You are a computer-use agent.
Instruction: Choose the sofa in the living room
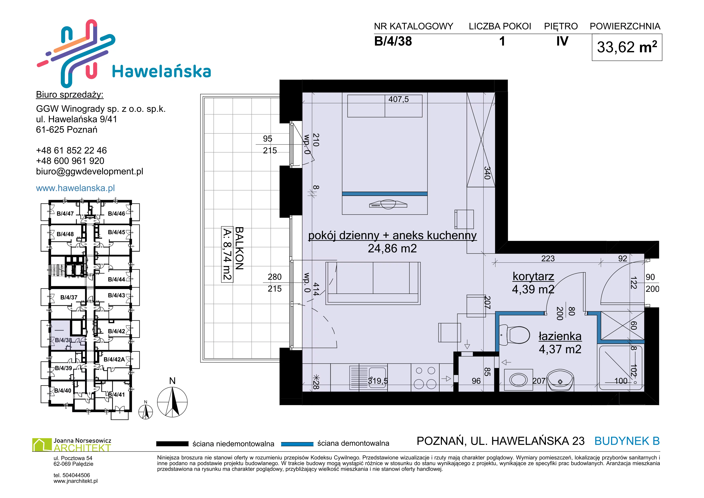(x=373, y=283)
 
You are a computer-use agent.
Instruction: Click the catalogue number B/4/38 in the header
(x=393, y=41)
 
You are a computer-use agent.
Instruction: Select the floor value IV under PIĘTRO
(x=562, y=41)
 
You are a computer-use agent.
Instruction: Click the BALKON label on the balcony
(x=239, y=248)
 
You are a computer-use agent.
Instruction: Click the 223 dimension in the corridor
(x=548, y=258)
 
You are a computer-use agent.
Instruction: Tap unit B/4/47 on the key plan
(x=65, y=214)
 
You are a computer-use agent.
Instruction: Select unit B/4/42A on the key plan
(x=114, y=359)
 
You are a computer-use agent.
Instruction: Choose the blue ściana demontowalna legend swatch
(x=297, y=444)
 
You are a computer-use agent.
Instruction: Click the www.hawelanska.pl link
(x=75, y=188)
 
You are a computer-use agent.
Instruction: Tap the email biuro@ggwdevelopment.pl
(x=90, y=171)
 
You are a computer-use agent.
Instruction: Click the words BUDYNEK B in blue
(x=627, y=441)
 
